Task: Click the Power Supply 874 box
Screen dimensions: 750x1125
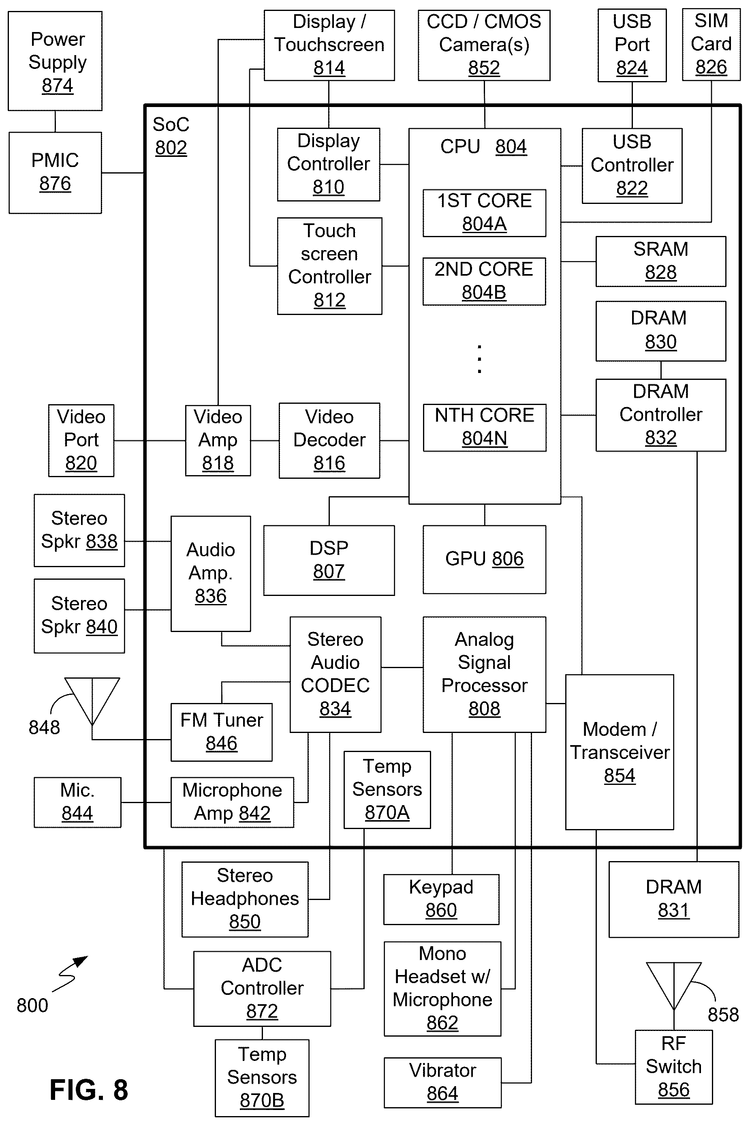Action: coord(55,61)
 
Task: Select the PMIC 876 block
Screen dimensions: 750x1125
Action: coord(55,173)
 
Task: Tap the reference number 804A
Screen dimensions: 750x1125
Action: coord(484,224)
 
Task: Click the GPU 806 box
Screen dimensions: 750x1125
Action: coord(484,559)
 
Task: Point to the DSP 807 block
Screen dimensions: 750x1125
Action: coord(329,560)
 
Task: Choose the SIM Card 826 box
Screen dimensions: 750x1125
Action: coord(711,45)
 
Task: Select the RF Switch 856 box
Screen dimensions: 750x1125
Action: coord(673,1067)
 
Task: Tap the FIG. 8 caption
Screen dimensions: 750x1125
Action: coord(89,1090)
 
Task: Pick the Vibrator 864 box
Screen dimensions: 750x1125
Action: coord(442,1082)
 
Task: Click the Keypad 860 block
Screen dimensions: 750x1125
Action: coord(441,899)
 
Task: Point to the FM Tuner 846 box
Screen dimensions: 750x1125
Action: coord(222,732)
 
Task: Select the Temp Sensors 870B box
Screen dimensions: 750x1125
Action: coord(262,1078)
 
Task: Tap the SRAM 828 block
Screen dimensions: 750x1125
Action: coord(660,261)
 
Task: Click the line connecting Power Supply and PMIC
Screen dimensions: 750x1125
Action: coord(55,122)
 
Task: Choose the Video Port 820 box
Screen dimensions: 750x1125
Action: coord(81,440)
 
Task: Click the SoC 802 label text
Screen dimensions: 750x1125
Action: coord(171,136)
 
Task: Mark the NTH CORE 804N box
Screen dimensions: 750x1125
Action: coord(485,428)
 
